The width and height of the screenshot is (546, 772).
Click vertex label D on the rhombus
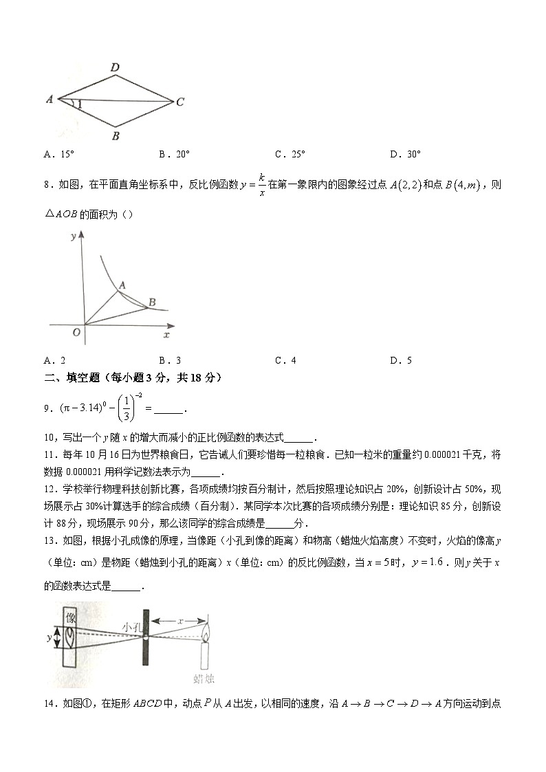[x=116, y=67]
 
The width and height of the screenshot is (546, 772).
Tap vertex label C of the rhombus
[x=179, y=102]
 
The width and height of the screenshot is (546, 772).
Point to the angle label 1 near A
[x=79, y=104]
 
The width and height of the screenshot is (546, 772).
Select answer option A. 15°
[x=58, y=155]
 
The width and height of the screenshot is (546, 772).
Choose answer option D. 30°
[x=405, y=155]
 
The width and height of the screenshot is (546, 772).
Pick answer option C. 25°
[x=290, y=155]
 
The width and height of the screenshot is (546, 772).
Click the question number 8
[x=46, y=185]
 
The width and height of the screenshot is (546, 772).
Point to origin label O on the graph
[x=76, y=333]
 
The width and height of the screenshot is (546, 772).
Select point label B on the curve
[x=152, y=301]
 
